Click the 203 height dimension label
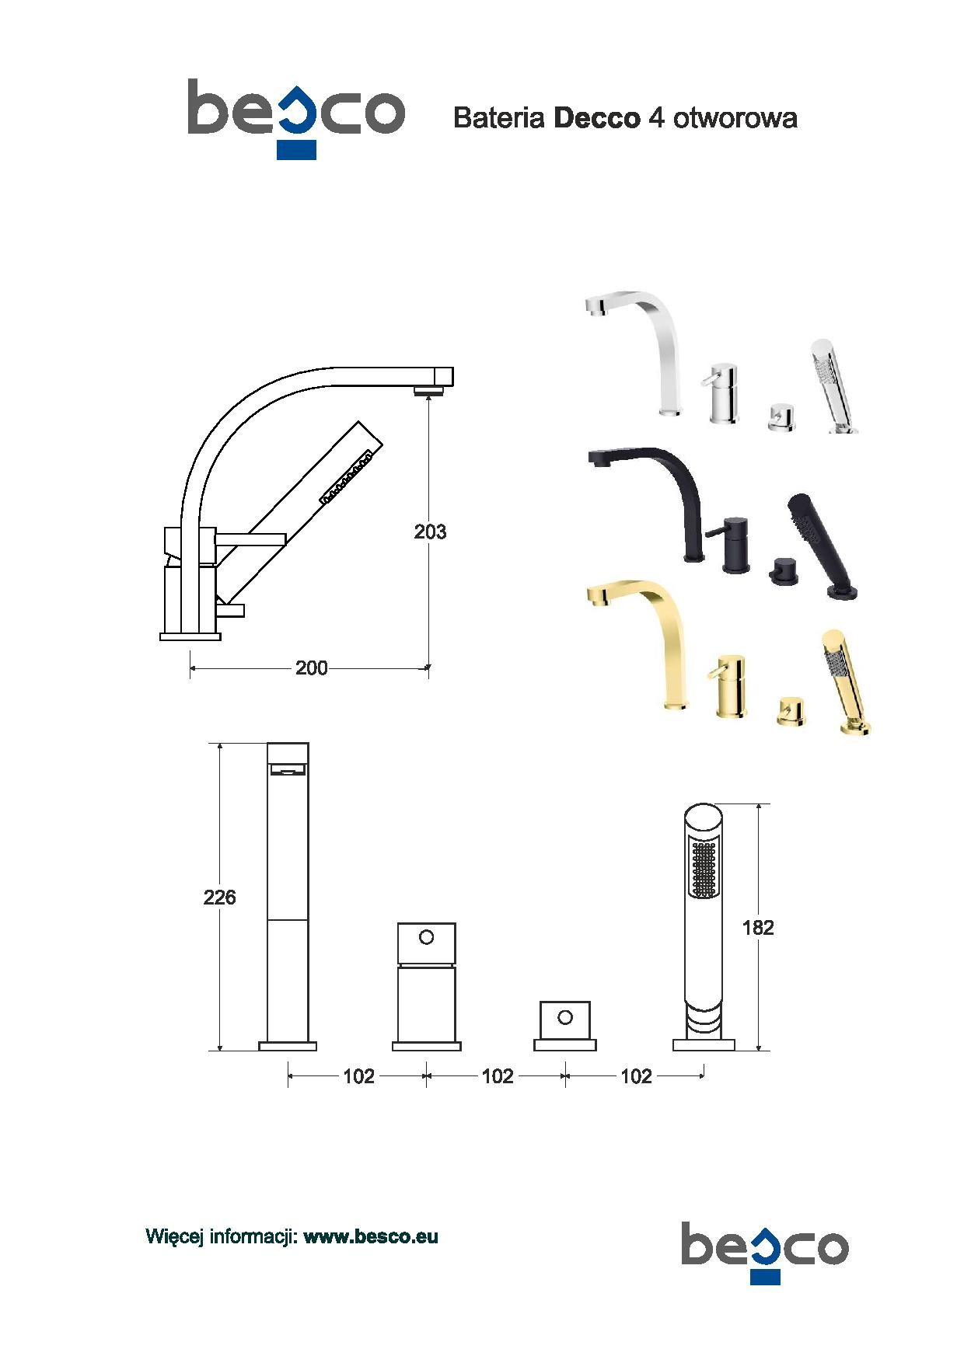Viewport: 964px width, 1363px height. [x=430, y=532]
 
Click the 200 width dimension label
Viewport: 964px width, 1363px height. [x=311, y=668]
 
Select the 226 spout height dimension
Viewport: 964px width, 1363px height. [x=219, y=898]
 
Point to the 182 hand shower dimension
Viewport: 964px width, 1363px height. [x=758, y=927]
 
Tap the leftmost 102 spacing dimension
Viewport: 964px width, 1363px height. [x=358, y=1076]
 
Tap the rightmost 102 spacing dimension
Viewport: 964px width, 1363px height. [x=636, y=1076]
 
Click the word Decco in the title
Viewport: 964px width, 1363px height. [x=597, y=118]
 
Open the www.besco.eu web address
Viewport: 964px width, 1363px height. [x=371, y=1236]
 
